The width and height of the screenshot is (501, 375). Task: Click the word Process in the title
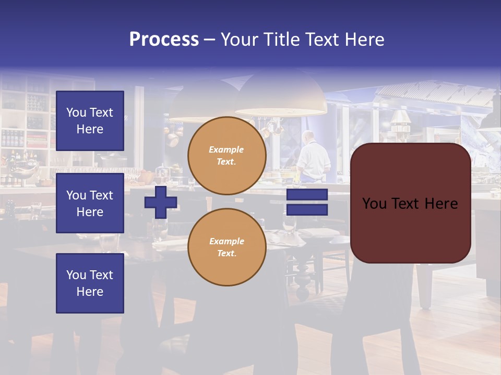[164, 40]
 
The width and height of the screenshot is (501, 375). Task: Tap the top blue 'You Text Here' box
[90, 121]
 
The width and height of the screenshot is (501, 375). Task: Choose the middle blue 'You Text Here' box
[90, 203]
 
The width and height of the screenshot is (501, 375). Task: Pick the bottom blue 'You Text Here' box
[90, 283]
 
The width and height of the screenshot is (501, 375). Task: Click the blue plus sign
[161, 202]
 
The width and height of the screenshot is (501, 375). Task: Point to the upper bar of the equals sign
[307, 194]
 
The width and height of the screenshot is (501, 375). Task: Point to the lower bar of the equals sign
[307, 210]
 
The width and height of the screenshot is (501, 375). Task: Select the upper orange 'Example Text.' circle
[226, 155]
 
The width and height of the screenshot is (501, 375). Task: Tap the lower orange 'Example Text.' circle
[226, 247]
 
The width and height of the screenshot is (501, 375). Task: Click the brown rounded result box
[410, 203]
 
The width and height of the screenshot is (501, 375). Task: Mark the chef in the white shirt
[313, 156]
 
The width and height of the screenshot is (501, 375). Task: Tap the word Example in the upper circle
[226, 149]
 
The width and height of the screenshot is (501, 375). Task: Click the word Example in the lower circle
[226, 241]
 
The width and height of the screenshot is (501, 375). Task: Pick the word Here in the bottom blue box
[90, 292]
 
